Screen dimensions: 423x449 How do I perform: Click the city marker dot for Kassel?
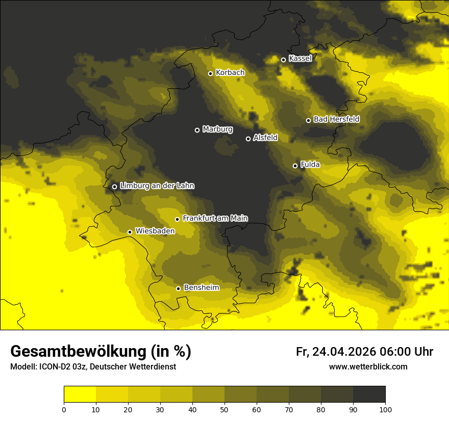[283, 60]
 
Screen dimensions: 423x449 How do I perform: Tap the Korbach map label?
[230, 73]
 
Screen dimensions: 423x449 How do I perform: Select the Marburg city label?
[217, 129]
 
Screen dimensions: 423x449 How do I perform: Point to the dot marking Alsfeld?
[248, 139]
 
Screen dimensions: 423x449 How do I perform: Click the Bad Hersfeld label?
[336, 119]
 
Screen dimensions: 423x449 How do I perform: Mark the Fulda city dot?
[295, 166]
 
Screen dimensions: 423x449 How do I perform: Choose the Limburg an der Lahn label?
[157, 186]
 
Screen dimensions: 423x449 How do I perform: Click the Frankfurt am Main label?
[215, 218]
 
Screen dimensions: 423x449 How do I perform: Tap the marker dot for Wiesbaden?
[130, 232]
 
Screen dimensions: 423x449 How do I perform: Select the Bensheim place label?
[201, 287]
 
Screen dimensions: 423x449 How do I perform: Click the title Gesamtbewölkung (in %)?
[101, 352]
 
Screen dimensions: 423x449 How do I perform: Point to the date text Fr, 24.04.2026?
[336, 352]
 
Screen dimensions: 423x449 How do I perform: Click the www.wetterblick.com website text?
[368, 366]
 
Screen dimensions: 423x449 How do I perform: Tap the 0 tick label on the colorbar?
[64, 409]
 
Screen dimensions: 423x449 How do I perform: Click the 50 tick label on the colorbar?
[224, 409]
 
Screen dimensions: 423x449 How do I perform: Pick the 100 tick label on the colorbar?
[385, 409]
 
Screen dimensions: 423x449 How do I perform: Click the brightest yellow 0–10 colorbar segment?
[80, 394]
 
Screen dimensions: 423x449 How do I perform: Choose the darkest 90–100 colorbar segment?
[369, 394]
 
